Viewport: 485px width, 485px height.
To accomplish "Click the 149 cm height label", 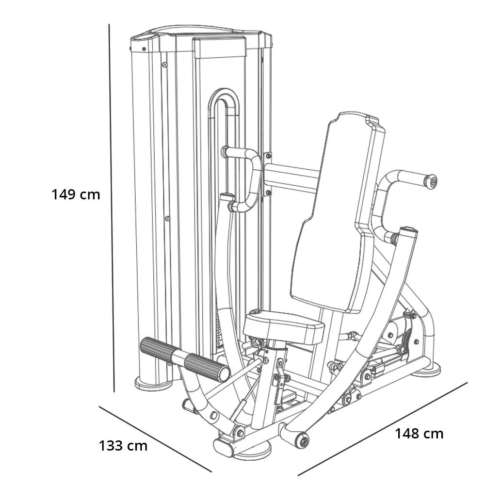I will point(76,194).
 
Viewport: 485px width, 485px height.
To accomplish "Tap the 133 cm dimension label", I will point(123,445).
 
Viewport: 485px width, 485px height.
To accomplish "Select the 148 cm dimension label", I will point(419,433).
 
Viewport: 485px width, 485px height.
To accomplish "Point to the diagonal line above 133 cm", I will point(155,438).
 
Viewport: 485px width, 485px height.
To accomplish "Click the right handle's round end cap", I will point(430,181).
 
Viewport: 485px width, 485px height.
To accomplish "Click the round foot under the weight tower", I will point(153,384).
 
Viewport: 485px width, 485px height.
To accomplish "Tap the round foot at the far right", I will point(427,371).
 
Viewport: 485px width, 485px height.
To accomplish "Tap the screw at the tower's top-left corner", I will point(144,48).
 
